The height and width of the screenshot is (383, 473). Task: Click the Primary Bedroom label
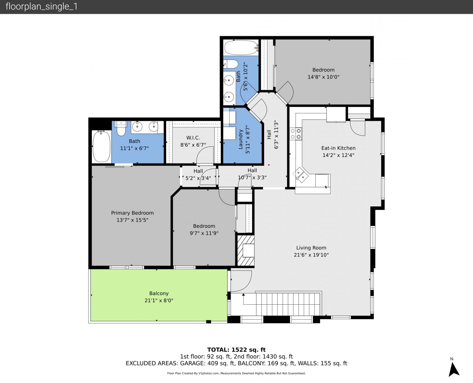(133, 213)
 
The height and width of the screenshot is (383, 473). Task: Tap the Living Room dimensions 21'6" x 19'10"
(311, 255)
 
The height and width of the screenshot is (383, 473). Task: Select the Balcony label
(159, 293)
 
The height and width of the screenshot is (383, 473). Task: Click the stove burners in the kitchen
(296, 134)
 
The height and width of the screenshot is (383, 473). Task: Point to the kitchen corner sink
(300, 175)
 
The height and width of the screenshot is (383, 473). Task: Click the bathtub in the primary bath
(101, 146)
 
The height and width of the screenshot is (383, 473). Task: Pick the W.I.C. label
(193, 138)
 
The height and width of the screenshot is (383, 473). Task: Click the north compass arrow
(454, 369)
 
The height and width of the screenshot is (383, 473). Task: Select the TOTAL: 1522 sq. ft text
(236, 350)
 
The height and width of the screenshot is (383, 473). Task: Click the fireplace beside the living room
(246, 250)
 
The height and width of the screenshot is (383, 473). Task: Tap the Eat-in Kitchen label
(338, 148)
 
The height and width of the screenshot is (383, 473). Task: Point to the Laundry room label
(240, 139)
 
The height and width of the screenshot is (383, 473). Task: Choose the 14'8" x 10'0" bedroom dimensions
(323, 77)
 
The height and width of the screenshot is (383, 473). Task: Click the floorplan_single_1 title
(41, 6)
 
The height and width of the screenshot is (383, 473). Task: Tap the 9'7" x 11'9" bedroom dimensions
(204, 233)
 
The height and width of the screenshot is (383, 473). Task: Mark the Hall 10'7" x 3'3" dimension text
(252, 178)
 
